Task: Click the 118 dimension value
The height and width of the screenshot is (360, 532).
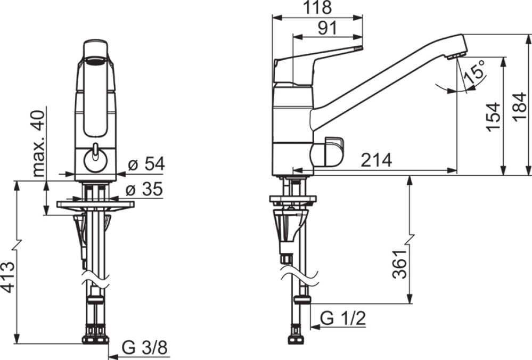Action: click(317, 7)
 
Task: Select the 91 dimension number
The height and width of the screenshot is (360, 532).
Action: click(328, 28)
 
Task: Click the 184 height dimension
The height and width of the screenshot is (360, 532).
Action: click(520, 106)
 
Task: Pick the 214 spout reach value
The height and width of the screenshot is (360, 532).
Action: click(376, 160)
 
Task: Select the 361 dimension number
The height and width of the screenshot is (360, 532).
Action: click(399, 264)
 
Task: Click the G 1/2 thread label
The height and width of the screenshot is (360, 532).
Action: click(343, 318)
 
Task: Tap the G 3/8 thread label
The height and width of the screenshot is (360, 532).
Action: click(145, 348)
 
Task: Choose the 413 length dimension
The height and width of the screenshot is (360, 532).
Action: click(8, 277)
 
